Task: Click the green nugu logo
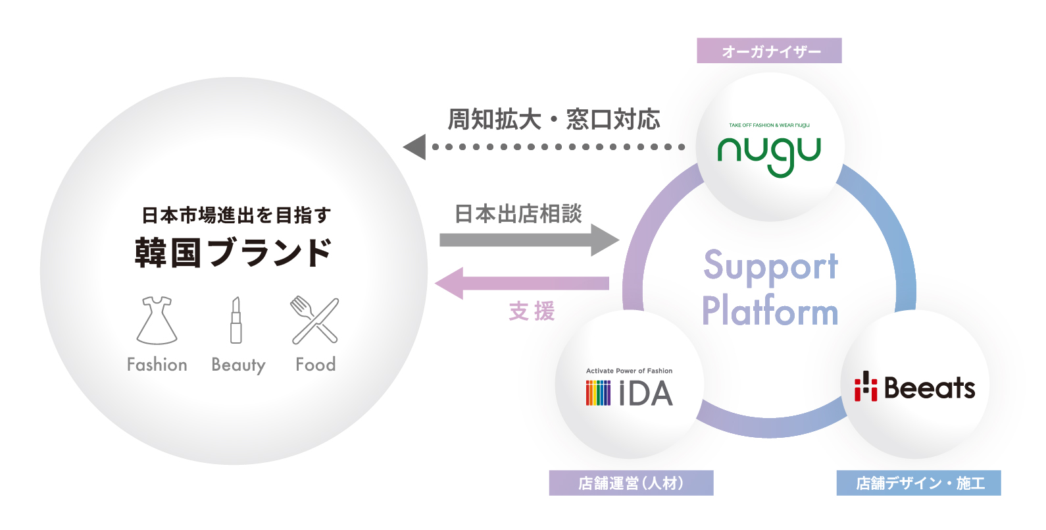click(769, 155)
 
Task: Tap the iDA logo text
click(645, 394)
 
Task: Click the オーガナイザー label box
click(769, 51)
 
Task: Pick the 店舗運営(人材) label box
click(631, 483)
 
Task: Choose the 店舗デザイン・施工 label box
click(918, 483)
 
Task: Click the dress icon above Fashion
click(157, 321)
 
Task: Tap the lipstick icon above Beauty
click(236, 321)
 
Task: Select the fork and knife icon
click(315, 321)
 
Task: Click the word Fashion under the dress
click(157, 365)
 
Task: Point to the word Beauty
click(238, 365)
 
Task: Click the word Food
click(316, 365)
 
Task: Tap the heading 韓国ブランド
click(234, 253)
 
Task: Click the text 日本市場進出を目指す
click(236, 215)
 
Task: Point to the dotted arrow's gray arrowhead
click(415, 147)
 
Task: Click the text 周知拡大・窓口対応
click(554, 120)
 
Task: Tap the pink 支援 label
click(532, 311)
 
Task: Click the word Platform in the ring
click(770, 312)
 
